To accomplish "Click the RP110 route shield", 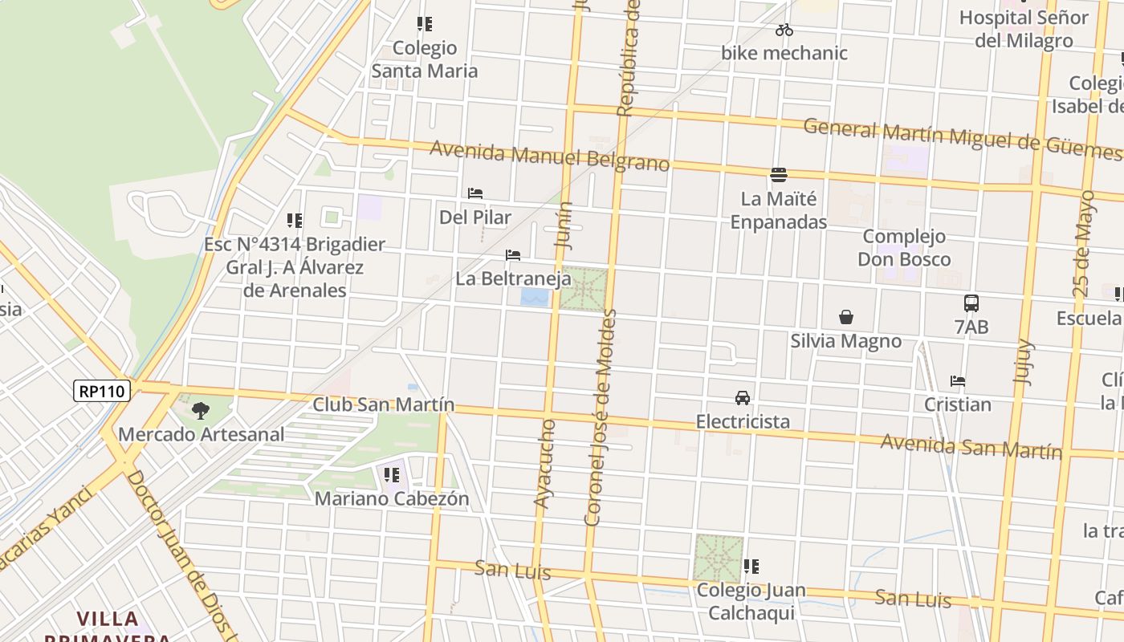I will click(x=102, y=391).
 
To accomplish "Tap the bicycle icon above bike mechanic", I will click(x=784, y=30).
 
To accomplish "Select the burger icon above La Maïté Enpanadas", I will click(x=778, y=174).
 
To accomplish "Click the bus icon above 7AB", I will click(x=971, y=303).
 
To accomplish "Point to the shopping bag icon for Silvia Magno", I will click(x=845, y=317).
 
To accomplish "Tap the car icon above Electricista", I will click(x=743, y=398).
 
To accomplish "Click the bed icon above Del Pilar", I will click(x=475, y=193).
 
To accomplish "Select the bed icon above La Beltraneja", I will click(x=513, y=255).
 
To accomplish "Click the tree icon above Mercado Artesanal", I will click(x=201, y=411).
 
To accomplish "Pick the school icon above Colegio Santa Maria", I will click(x=425, y=24).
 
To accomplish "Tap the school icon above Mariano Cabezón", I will click(x=392, y=475).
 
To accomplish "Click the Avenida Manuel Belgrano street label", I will click(x=549, y=156).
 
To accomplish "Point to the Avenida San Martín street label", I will click(x=971, y=446).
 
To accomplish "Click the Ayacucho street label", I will click(x=544, y=463).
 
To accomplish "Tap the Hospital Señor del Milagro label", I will click(x=1024, y=29).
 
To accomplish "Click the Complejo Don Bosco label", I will click(x=904, y=247).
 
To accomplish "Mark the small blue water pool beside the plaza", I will click(x=535, y=298).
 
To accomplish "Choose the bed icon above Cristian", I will click(x=957, y=381).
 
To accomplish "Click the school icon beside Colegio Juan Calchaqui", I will click(x=751, y=567).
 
